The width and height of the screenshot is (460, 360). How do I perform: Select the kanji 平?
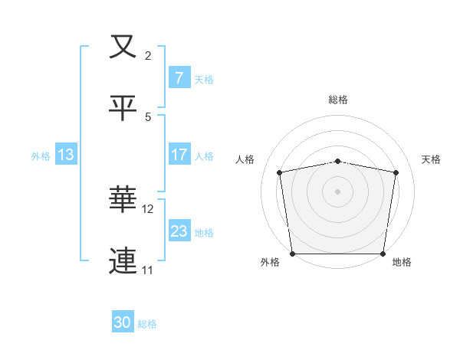click(123, 108)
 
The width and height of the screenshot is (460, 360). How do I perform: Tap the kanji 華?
click(123, 201)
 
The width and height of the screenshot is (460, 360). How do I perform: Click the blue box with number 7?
click(179, 77)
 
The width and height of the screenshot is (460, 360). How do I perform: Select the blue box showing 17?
click(179, 155)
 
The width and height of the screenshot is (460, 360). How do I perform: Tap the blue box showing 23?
click(179, 231)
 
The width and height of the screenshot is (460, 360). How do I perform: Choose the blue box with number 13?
click(65, 155)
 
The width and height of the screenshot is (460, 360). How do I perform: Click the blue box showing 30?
click(123, 323)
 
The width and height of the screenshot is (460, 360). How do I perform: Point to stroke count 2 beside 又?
click(149, 55)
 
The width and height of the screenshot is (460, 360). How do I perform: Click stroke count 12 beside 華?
click(149, 208)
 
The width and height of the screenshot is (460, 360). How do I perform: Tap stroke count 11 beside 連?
click(149, 270)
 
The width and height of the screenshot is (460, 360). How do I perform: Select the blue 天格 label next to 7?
click(204, 79)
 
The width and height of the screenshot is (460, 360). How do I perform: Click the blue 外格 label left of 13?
click(41, 155)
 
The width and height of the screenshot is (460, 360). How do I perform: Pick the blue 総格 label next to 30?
click(147, 324)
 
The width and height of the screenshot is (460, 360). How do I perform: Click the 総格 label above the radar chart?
click(338, 100)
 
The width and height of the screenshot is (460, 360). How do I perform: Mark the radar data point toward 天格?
click(396, 172)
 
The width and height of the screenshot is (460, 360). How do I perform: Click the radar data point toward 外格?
click(292, 254)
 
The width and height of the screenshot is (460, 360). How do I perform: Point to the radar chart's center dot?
click(338, 191)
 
